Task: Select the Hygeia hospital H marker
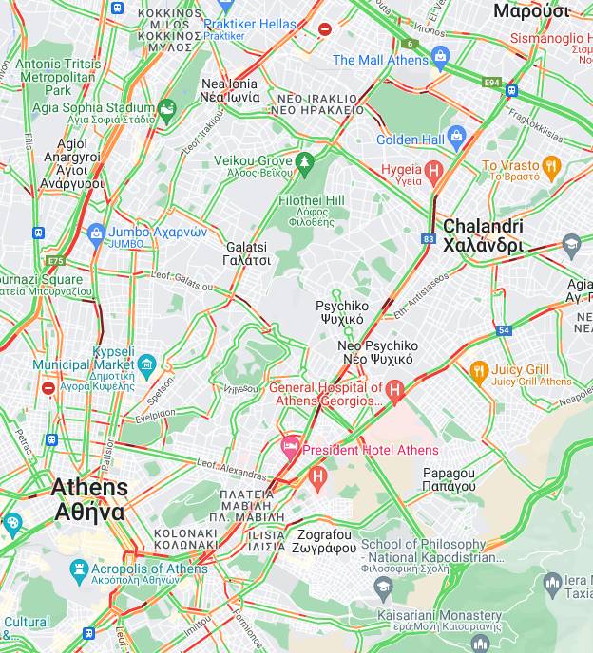pos(434,172)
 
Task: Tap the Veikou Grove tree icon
pos(304,162)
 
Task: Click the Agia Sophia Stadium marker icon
pos(167,110)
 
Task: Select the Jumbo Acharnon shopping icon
pos(95,233)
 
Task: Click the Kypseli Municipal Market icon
pos(146,364)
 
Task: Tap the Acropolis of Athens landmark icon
pos(80,569)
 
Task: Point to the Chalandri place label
pos(483,235)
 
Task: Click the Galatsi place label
pos(246,253)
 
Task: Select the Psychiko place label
pos(340,312)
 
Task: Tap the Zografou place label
pos(323,541)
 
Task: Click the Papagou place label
pos(449,479)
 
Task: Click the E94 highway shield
pos(491,84)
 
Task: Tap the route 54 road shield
pos(503,330)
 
